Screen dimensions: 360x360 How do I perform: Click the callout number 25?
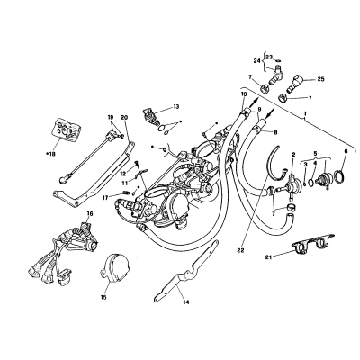pyautogui.click(x=320, y=79)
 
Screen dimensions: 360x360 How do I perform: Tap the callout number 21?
pyautogui.click(x=269, y=256)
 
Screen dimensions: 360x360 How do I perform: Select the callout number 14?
pyautogui.click(x=186, y=302)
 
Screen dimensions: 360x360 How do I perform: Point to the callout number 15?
pyautogui.click(x=103, y=297)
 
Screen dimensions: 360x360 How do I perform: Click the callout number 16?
pyautogui.click(x=90, y=213)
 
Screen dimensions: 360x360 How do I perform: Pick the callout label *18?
pyautogui.click(x=50, y=154)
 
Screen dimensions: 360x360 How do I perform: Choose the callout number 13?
pyautogui.click(x=175, y=106)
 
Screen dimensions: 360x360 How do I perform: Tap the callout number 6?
pyautogui.click(x=346, y=152)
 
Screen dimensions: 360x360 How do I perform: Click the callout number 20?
pyautogui.click(x=125, y=117)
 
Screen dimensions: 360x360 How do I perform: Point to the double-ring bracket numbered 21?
pyautogui.click(x=311, y=243)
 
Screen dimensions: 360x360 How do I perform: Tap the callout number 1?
pyautogui.click(x=305, y=114)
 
